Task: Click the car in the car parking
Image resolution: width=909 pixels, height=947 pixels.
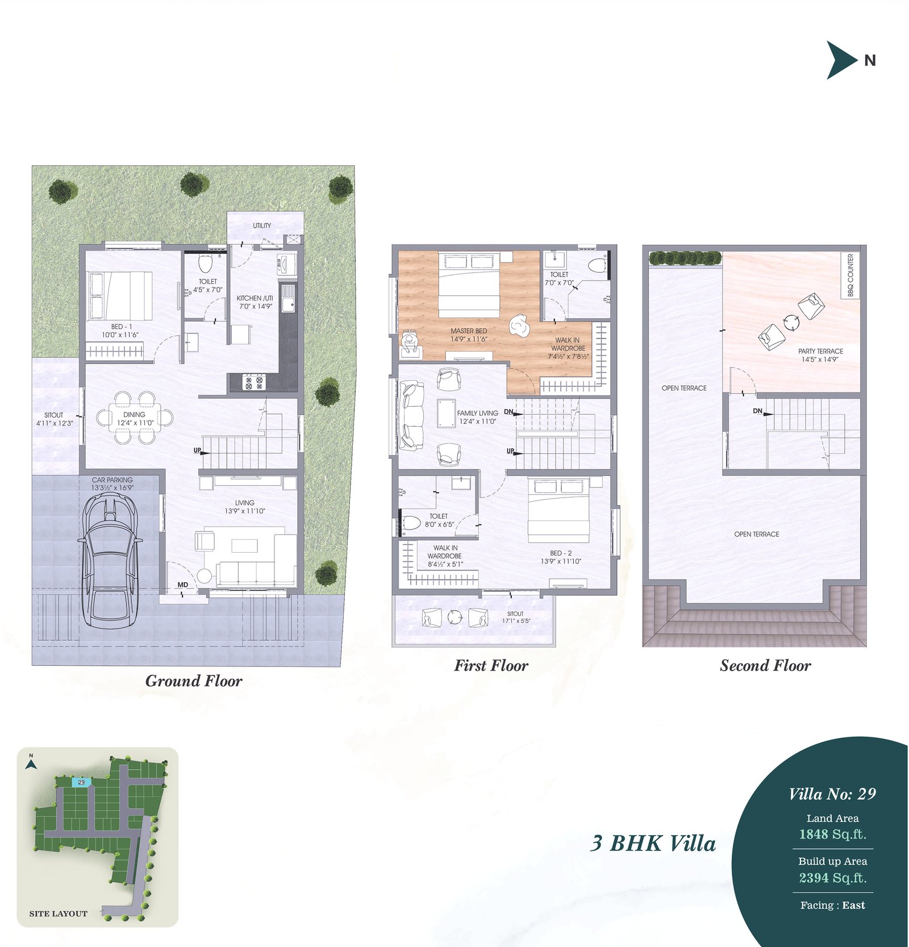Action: [110, 560]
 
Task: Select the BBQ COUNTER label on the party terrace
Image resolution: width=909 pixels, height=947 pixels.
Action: [850, 275]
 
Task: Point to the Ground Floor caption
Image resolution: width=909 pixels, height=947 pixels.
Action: [194, 681]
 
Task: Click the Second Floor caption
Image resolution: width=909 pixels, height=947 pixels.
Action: [765, 665]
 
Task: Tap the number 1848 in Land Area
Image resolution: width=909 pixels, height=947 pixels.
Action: [814, 834]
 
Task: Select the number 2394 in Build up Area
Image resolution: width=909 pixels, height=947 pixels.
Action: [814, 878]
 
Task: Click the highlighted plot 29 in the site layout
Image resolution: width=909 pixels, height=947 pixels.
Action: [81, 782]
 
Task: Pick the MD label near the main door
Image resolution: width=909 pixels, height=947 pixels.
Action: [183, 585]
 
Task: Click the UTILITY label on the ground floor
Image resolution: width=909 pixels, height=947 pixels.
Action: [262, 226]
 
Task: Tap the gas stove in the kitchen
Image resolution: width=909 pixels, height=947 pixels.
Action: [254, 382]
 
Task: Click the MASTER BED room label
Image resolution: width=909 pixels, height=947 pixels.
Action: [469, 331]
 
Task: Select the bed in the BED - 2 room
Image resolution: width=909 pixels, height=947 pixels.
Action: [558, 510]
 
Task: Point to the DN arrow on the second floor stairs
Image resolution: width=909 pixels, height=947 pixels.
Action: [764, 412]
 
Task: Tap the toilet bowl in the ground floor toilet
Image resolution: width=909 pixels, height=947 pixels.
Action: [206, 264]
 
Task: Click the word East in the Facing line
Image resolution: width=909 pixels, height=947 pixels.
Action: [854, 906]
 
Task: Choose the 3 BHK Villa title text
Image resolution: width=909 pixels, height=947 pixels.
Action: [653, 843]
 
